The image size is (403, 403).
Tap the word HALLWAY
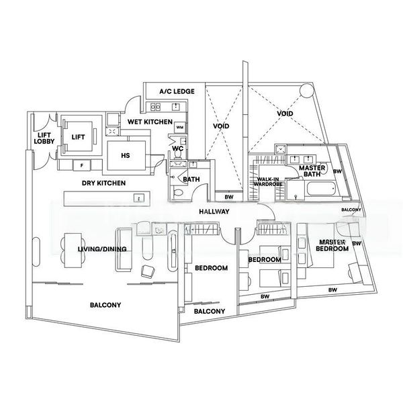click(x=216, y=212)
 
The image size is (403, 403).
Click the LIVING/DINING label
click(x=83, y=251)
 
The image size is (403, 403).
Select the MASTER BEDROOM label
click(x=334, y=245)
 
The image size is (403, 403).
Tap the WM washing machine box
click(x=179, y=127)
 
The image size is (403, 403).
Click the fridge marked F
click(x=82, y=164)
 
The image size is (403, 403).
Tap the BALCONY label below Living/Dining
click(x=105, y=305)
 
